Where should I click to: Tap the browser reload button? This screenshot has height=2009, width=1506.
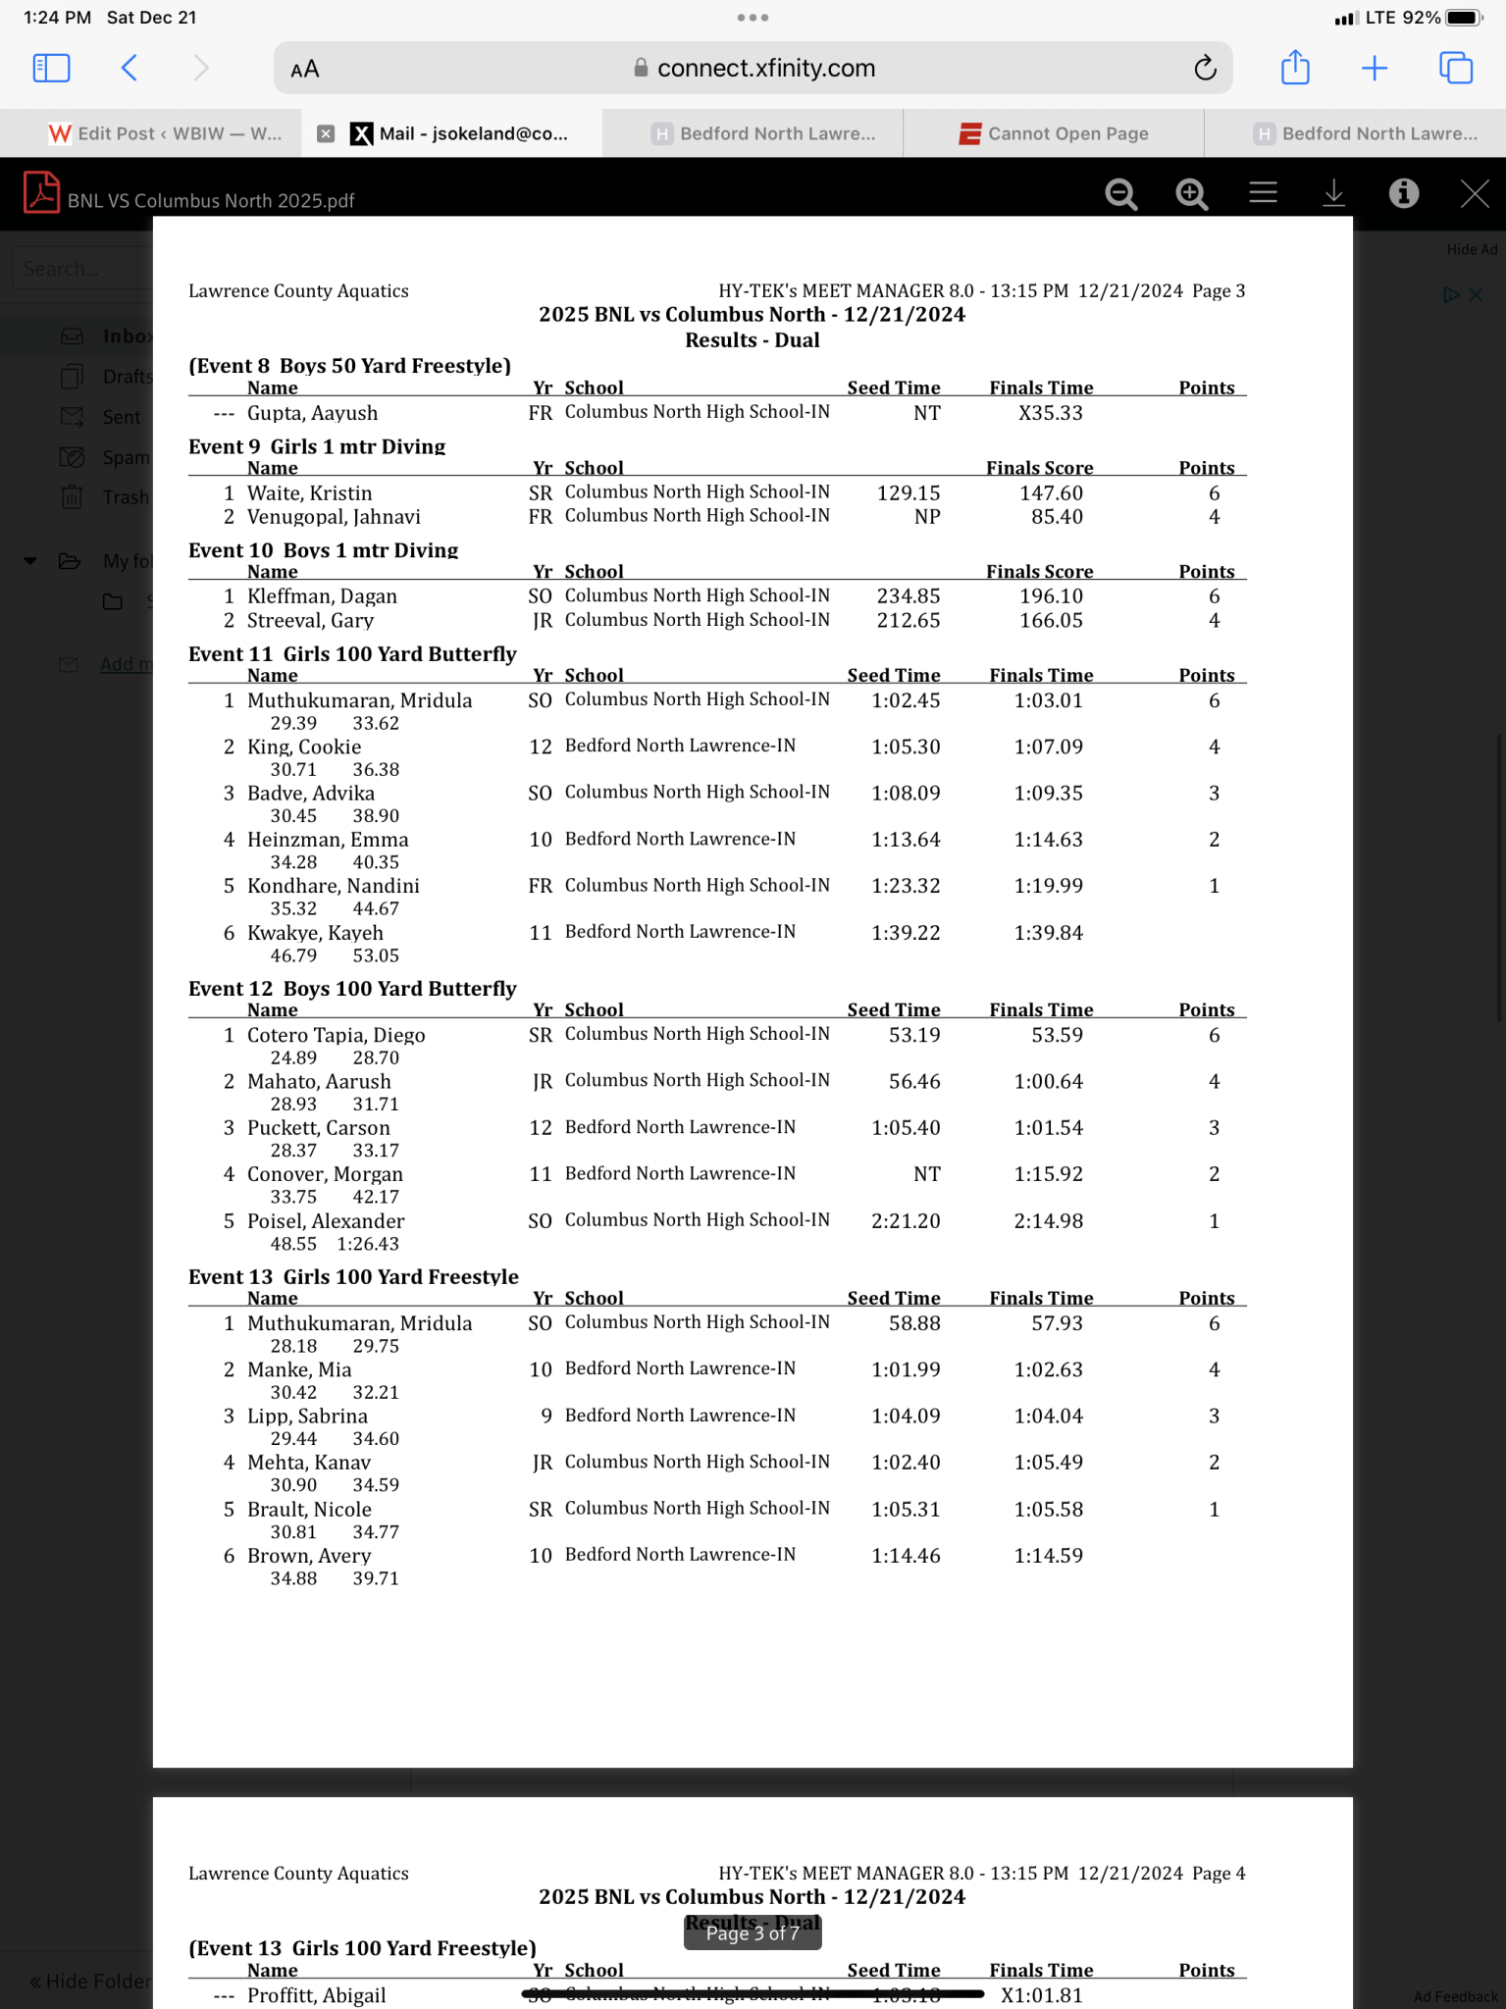[x=1205, y=68]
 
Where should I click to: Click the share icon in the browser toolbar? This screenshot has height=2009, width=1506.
[x=1295, y=68]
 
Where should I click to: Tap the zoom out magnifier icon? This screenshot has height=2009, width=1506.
[x=1120, y=194]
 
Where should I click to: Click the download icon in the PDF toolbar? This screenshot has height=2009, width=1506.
[x=1333, y=193]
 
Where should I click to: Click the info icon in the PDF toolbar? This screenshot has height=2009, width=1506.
[x=1404, y=193]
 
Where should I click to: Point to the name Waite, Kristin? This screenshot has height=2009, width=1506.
[x=309, y=493]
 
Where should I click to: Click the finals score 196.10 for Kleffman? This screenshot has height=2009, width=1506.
[x=1051, y=596]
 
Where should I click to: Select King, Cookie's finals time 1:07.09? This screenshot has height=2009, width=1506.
[x=1048, y=747]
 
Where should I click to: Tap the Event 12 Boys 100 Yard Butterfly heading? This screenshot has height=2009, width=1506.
[x=352, y=989]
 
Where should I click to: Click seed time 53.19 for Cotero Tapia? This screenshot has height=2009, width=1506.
[x=913, y=1036]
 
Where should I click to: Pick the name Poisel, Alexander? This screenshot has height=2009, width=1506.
[x=326, y=1221]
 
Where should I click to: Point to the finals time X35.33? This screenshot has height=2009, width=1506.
[x=1050, y=414]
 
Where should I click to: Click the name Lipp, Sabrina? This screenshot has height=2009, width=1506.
[x=307, y=1417]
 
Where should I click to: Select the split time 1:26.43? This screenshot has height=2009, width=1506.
[x=368, y=1244]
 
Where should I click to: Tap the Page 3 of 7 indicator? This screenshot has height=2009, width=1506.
[x=753, y=1933]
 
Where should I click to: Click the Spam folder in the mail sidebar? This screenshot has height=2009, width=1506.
[x=126, y=457]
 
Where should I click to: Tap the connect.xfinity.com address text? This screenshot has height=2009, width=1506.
[x=765, y=68]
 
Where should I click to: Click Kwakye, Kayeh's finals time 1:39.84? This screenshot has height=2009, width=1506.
[x=1048, y=933]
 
